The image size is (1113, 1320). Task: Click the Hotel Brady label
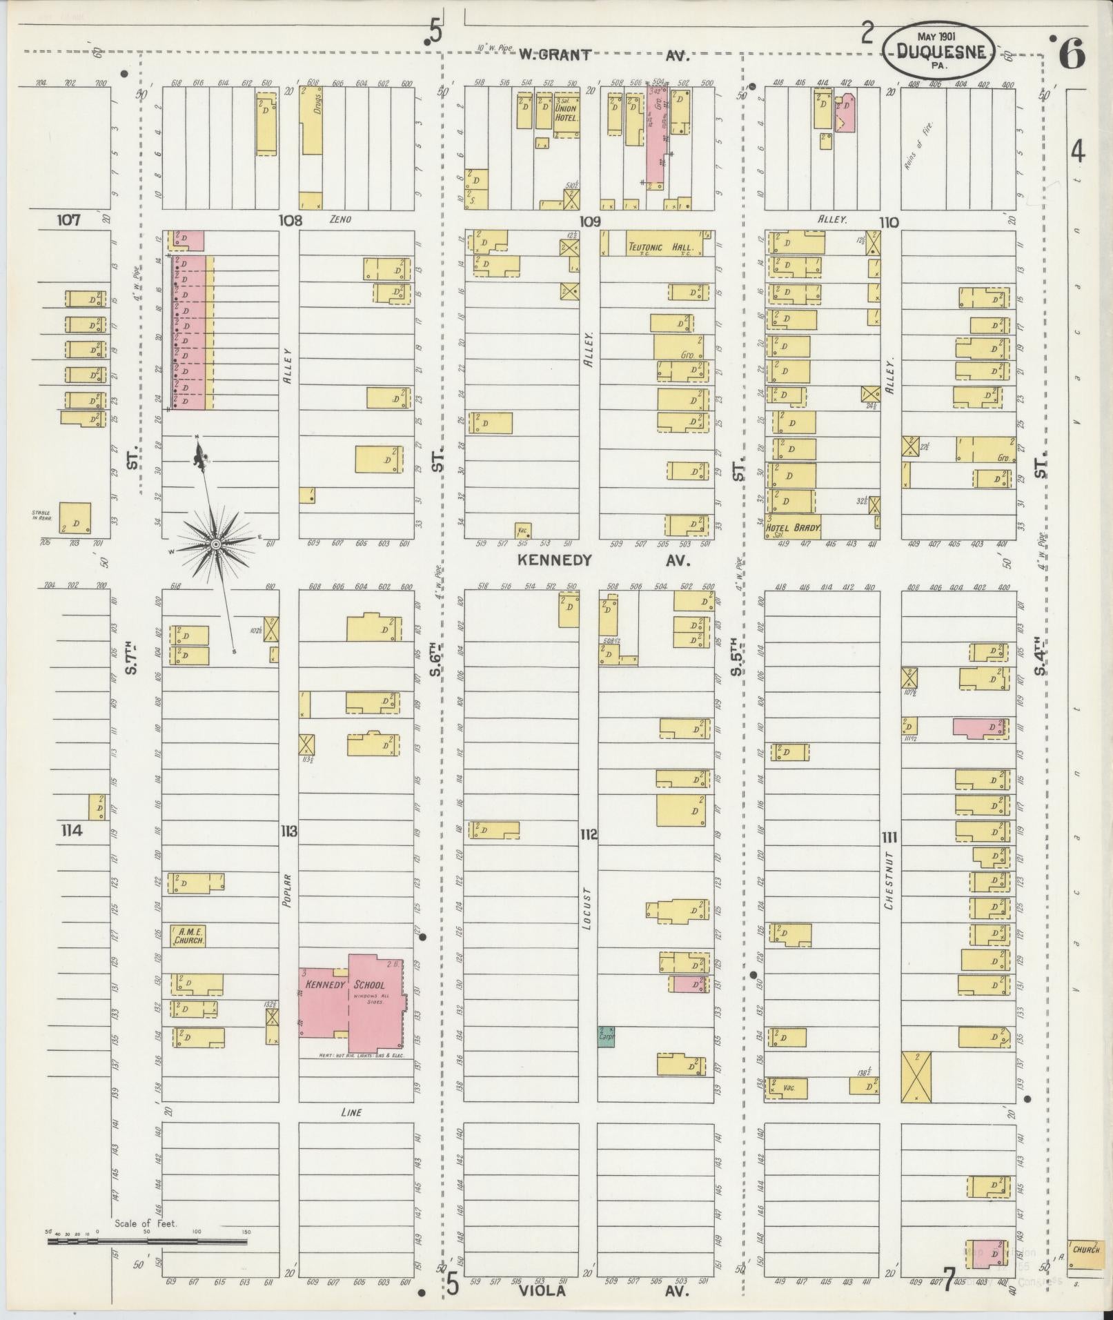[793, 529]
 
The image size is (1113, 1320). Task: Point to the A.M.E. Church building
[188, 936]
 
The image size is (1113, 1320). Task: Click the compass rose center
[215, 544]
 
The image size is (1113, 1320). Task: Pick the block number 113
[288, 831]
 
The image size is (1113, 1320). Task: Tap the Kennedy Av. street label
[555, 561]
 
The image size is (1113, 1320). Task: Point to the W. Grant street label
[555, 55]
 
